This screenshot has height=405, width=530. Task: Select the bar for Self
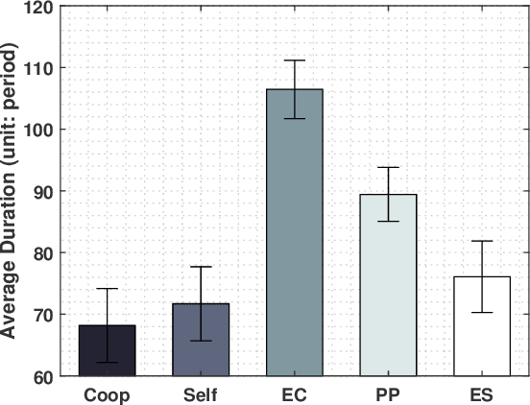point(201,340)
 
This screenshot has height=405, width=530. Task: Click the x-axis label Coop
point(108,393)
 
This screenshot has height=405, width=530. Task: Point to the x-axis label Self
point(201,393)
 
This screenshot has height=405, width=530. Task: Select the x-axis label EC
point(294,393)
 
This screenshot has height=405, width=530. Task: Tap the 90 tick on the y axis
point(43,191)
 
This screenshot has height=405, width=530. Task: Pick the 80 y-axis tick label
point(43,252)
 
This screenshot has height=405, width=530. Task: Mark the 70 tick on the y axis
point(43,315)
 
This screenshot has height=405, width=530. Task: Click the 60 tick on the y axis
point(43,376)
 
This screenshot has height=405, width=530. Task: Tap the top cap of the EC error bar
point(294,60)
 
